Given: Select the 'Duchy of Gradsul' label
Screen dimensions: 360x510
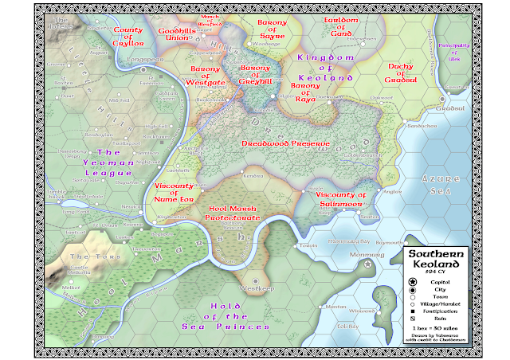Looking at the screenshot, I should pos(408,72).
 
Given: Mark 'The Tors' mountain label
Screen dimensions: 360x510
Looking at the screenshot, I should pos(84,257).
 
